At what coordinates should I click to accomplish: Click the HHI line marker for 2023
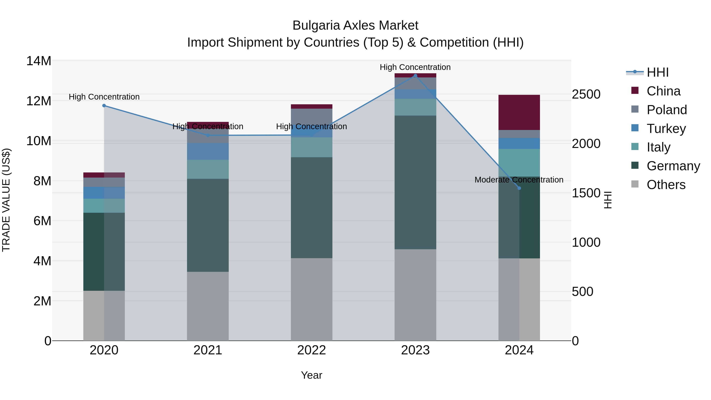tap(415, 76)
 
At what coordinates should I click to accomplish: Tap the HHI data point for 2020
tap(104, 106)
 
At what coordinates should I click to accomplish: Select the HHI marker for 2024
tap(519, 188)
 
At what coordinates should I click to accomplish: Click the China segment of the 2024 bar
tap(519, 112)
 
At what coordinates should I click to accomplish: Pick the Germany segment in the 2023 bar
tap(415, 182)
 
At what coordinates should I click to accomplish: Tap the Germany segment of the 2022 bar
tap(312, 208)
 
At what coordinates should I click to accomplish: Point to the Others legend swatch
tap(635, 184)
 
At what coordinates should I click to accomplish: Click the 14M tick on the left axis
tap(39, 61)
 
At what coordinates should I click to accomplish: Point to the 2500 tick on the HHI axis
tap(586, 94)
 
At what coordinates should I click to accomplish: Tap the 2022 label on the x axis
tap(312, 350)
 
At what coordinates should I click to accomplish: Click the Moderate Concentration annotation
tap(519, 180)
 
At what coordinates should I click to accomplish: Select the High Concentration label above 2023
tap(415, 67)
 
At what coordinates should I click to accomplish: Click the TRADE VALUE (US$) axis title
tap(6, 200)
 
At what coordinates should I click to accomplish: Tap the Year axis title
tap(312, 375)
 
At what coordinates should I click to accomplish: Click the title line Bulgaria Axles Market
tap(355, 25)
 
